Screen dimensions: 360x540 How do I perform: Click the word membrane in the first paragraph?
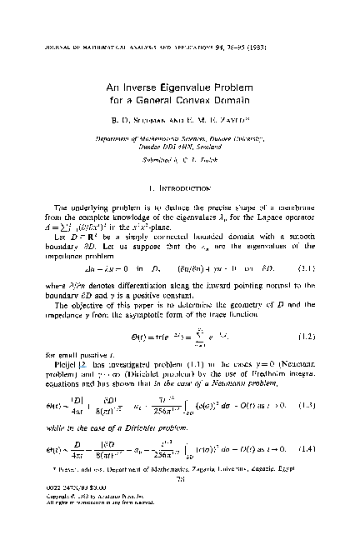pos(293,220)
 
